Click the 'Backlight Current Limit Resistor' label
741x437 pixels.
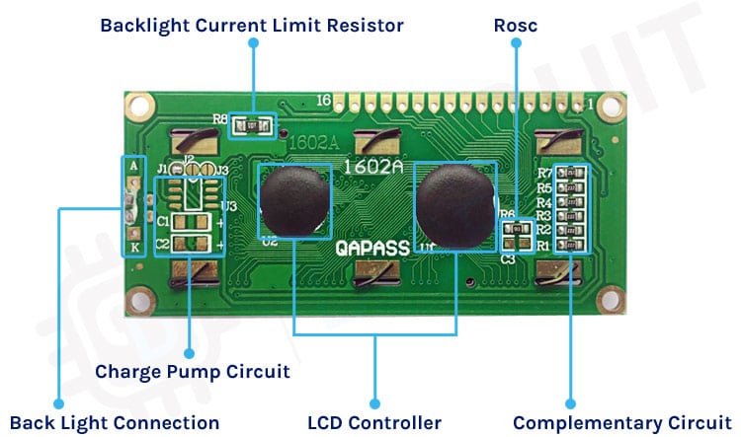(252, 25)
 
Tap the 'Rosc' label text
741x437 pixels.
(516, 25)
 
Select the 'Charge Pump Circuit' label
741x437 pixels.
(193, 372)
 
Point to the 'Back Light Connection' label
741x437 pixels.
(115, 422)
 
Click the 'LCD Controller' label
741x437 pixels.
(374, 422)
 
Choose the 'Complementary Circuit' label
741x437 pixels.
(609, 422)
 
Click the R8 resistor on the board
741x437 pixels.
(252, 125)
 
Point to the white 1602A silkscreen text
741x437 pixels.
(373, 168)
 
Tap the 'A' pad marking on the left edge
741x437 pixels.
(132, 167)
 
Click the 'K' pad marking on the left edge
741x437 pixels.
(132, 248)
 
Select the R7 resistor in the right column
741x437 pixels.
(571, 175)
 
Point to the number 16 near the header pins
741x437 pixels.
(323, 101)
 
